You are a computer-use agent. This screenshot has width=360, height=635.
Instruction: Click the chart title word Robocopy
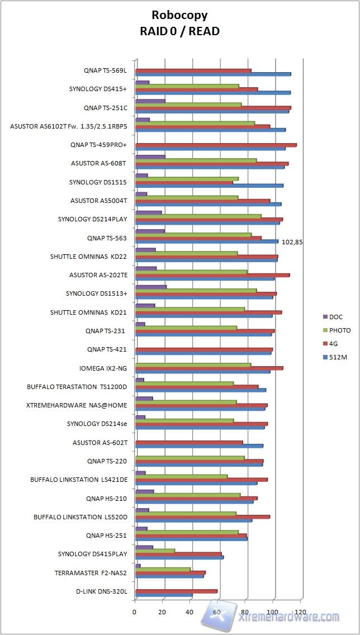click(x=179, y=16)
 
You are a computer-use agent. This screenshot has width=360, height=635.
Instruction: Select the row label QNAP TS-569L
click(x=106, y=71)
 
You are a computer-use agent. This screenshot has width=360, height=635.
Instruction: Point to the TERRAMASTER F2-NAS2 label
click(x=91, y=572)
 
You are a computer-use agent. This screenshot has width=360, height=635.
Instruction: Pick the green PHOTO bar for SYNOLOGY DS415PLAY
click(x=155, y=550)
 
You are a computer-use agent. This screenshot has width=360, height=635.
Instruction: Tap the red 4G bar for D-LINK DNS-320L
click(x=176, y=591)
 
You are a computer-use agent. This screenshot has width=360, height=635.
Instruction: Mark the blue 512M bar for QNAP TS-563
click(x=207, y=241)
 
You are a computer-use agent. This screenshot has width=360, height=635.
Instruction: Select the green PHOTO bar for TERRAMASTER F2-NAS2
click(x=163, y=569)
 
